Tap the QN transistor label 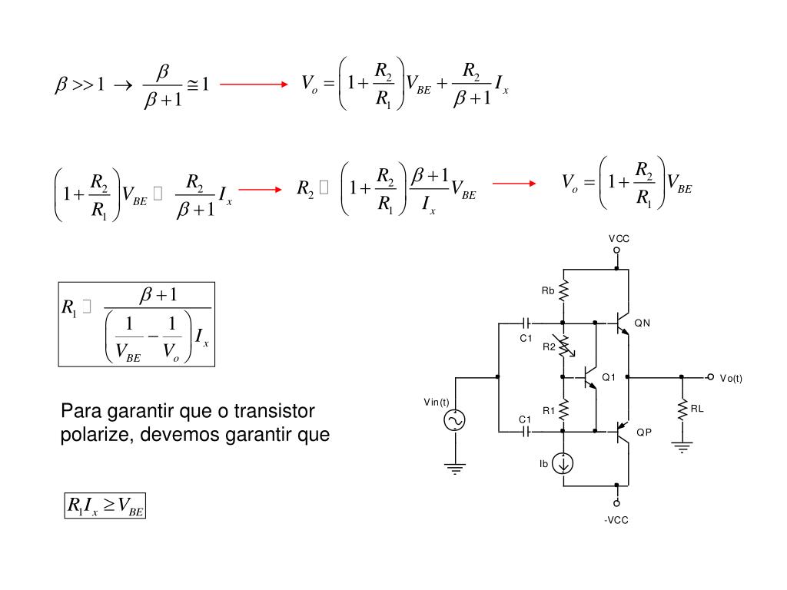point(642,323)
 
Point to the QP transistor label point(643,433)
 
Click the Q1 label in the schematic point(609,377)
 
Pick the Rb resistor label point(548,290)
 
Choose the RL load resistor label point(697,409)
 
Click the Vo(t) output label point(731,378)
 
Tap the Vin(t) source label point(436,403)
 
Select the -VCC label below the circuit point(616,520)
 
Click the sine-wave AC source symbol point(456,420)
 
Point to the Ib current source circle point(564,463)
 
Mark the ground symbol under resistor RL point(682,446)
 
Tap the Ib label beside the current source point(543,463)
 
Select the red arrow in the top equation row point(254,85)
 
